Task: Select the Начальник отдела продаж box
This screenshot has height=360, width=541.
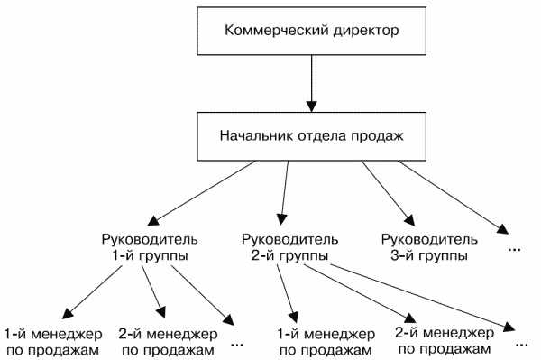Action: (x=311, y=139)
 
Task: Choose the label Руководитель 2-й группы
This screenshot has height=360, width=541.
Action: (x=291, y=247)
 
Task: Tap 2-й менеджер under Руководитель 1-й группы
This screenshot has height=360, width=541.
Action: (x=167, y=339)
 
